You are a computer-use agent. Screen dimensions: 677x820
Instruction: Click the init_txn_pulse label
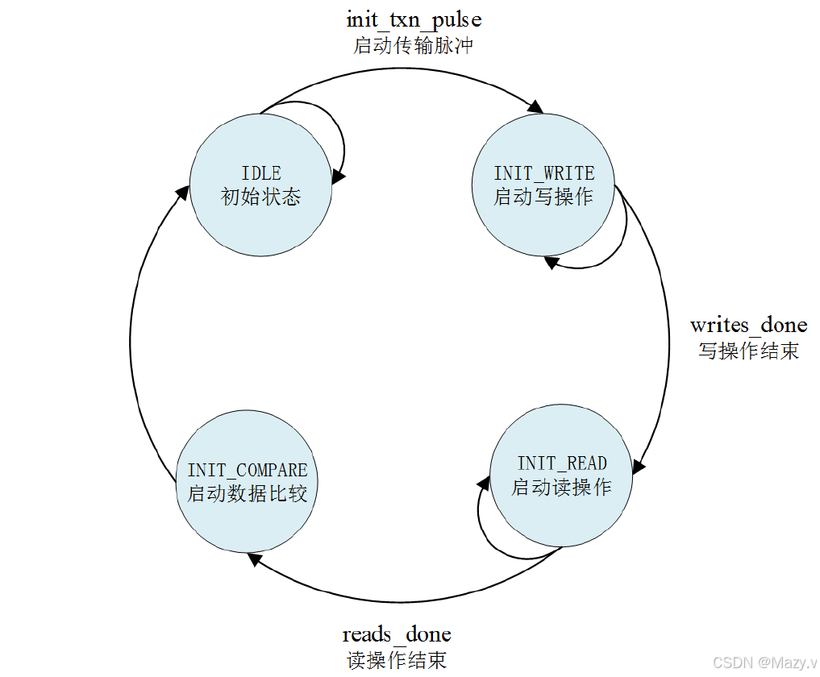[414, 19]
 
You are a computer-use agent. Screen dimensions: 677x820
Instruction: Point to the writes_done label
[748, 326]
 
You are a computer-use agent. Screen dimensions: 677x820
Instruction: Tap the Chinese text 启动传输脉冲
[413, 45]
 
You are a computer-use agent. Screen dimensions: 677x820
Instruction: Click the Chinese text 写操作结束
[748, 351]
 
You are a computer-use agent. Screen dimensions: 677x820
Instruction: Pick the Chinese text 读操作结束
[397, 660]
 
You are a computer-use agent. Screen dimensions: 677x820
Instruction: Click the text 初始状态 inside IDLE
[260, 197]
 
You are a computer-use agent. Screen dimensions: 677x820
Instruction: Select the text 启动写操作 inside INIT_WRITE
[543, 197]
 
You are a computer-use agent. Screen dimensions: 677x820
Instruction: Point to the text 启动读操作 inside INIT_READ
[561, 487]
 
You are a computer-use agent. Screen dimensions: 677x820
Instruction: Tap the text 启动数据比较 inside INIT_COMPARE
[248, 493]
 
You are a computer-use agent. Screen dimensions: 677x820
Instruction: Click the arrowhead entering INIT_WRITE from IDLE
[535, 107]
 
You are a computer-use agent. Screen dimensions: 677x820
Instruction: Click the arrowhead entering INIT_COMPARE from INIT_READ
[254, 558]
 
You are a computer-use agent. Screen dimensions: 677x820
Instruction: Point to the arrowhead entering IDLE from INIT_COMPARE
[184, 190]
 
